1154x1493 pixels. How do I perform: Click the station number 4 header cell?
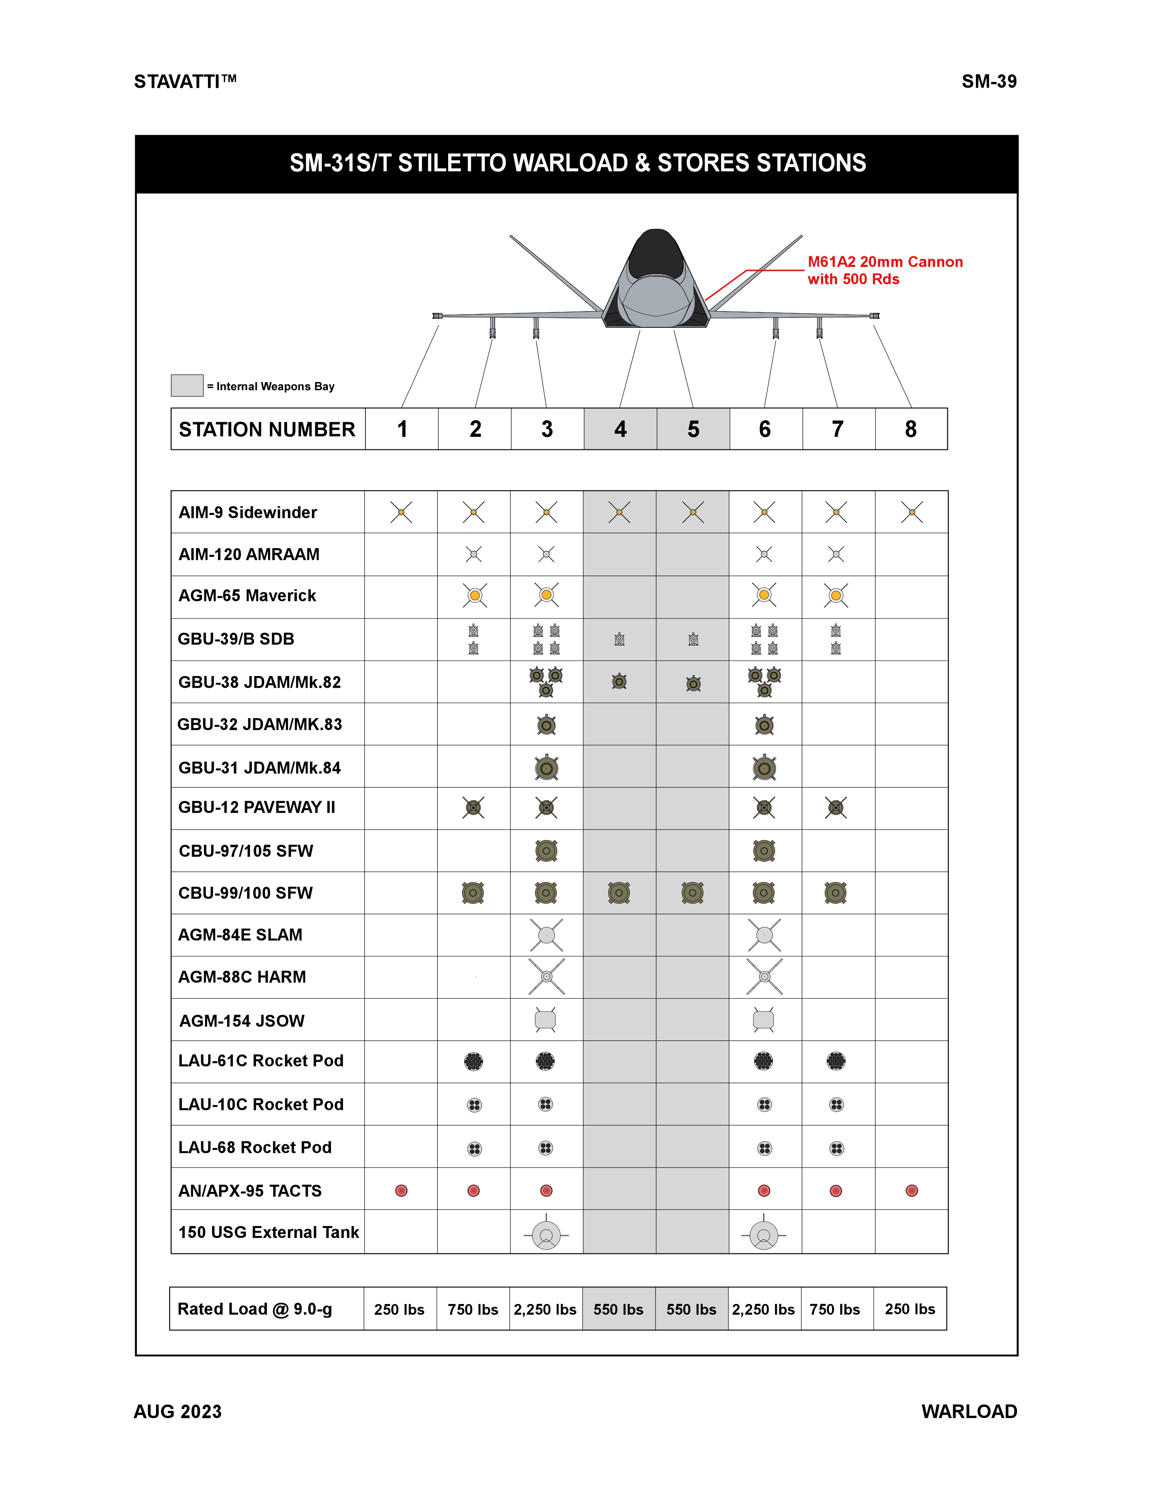point(620,429)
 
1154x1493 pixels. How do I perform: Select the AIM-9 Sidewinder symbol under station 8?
point(911,512)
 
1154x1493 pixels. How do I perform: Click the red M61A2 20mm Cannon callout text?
point(884,270)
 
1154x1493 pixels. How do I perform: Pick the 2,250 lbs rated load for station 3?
point(545,1309)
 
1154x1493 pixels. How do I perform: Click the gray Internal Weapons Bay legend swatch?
point(187,386)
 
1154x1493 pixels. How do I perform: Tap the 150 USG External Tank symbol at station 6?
point(764,1234)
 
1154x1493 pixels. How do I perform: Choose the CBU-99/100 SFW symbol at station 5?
point(693,893)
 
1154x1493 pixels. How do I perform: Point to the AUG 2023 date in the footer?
point(178,1412)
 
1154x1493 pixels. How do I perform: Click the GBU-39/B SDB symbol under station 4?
point(620,639)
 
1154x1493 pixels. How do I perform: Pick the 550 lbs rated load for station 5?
point(691,1309)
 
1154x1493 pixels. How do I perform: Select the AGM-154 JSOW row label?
point(242,1021)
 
